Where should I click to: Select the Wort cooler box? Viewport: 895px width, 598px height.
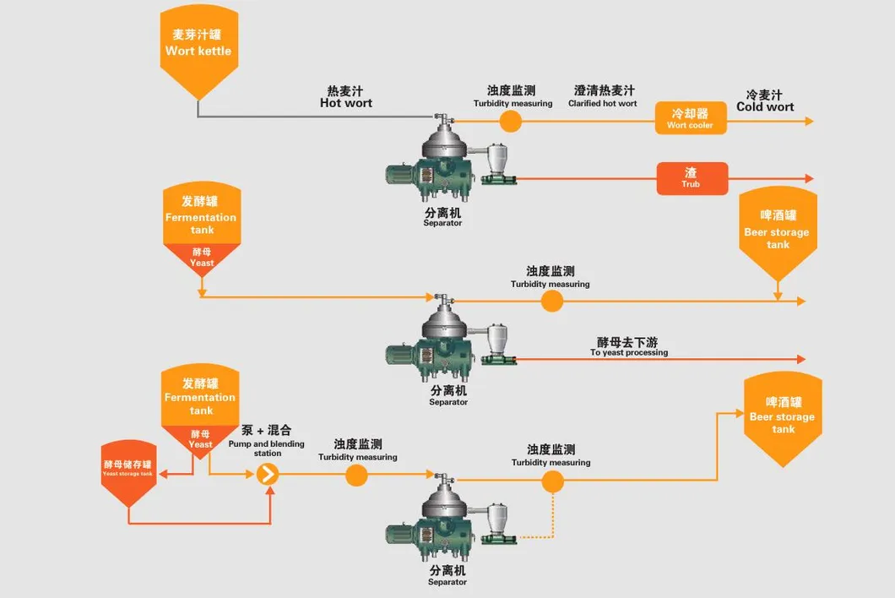pyautogui.click(x=690, y=118)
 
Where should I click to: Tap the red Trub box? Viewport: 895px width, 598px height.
pyautogui.click(x=692, y=178)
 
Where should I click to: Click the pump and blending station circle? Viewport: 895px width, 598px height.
pyautogui.click(x=268, y=475)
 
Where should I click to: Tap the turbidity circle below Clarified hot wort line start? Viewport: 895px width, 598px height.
pyautogui.click(x=511, y=122)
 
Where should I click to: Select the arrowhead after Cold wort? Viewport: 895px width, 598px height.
pyautogui.click(x=809, y=122)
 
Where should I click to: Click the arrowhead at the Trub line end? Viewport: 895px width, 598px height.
pyautogui.click(x=809, y=179)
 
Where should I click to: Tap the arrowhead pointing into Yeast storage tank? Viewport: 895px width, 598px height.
pyautogui.click(x=164, y=475)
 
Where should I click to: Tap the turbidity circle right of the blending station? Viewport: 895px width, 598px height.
pyautogui.click(x=357, y=475)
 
